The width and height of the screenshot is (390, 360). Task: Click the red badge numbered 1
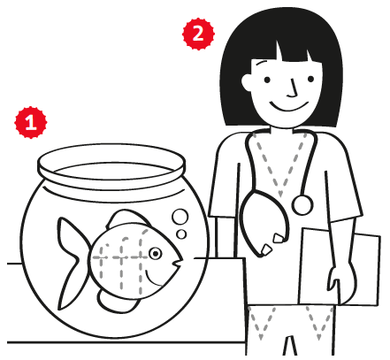pyautogui.click(x=31, y=122)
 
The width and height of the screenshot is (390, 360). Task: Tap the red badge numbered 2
pyautogui.click(x=198, y=34)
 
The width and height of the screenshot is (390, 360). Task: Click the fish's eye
pyautogui.click(x=155, y=253)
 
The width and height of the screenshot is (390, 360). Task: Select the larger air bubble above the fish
pyautogui.click(x=180, y=217)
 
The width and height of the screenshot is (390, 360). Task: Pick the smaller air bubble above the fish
pyautogui.click(x=181, y=234)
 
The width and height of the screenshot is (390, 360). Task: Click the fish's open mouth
pyautogui.click(x=178, y=262)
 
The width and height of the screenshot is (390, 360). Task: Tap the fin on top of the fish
pyautogui.click(x=126, y=218)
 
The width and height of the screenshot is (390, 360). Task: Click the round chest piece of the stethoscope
pyautogui.click(x=302, y=205)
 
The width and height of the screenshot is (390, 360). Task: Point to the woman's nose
pyautogui.click(x=293, y=88)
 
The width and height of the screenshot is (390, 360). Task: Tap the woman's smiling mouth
pyautogui.click(x=289, y=106)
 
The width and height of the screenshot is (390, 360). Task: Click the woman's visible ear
pyautogui.click(x=247, y=81)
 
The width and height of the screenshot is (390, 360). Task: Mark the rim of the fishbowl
pyautogui.click(x=111, y=165)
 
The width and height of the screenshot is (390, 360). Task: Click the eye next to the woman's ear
pyautogui.click(x=267, y=80)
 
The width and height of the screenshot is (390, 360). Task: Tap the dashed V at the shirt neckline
pyautogui.click(x=280, y=165)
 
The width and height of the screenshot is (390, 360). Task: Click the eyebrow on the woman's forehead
pyautogui.click(x=262, y=63)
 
